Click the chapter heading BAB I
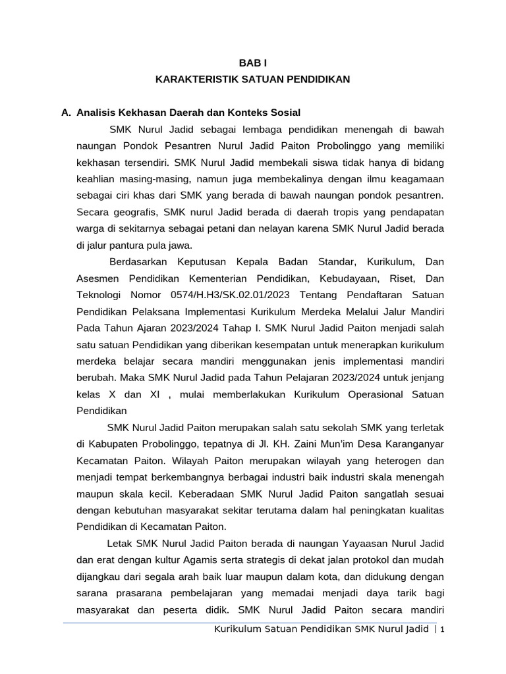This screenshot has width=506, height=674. tap(252, 63)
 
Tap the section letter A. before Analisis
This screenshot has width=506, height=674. tap(66, 113)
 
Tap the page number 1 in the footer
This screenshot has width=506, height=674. tap(443, 630)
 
